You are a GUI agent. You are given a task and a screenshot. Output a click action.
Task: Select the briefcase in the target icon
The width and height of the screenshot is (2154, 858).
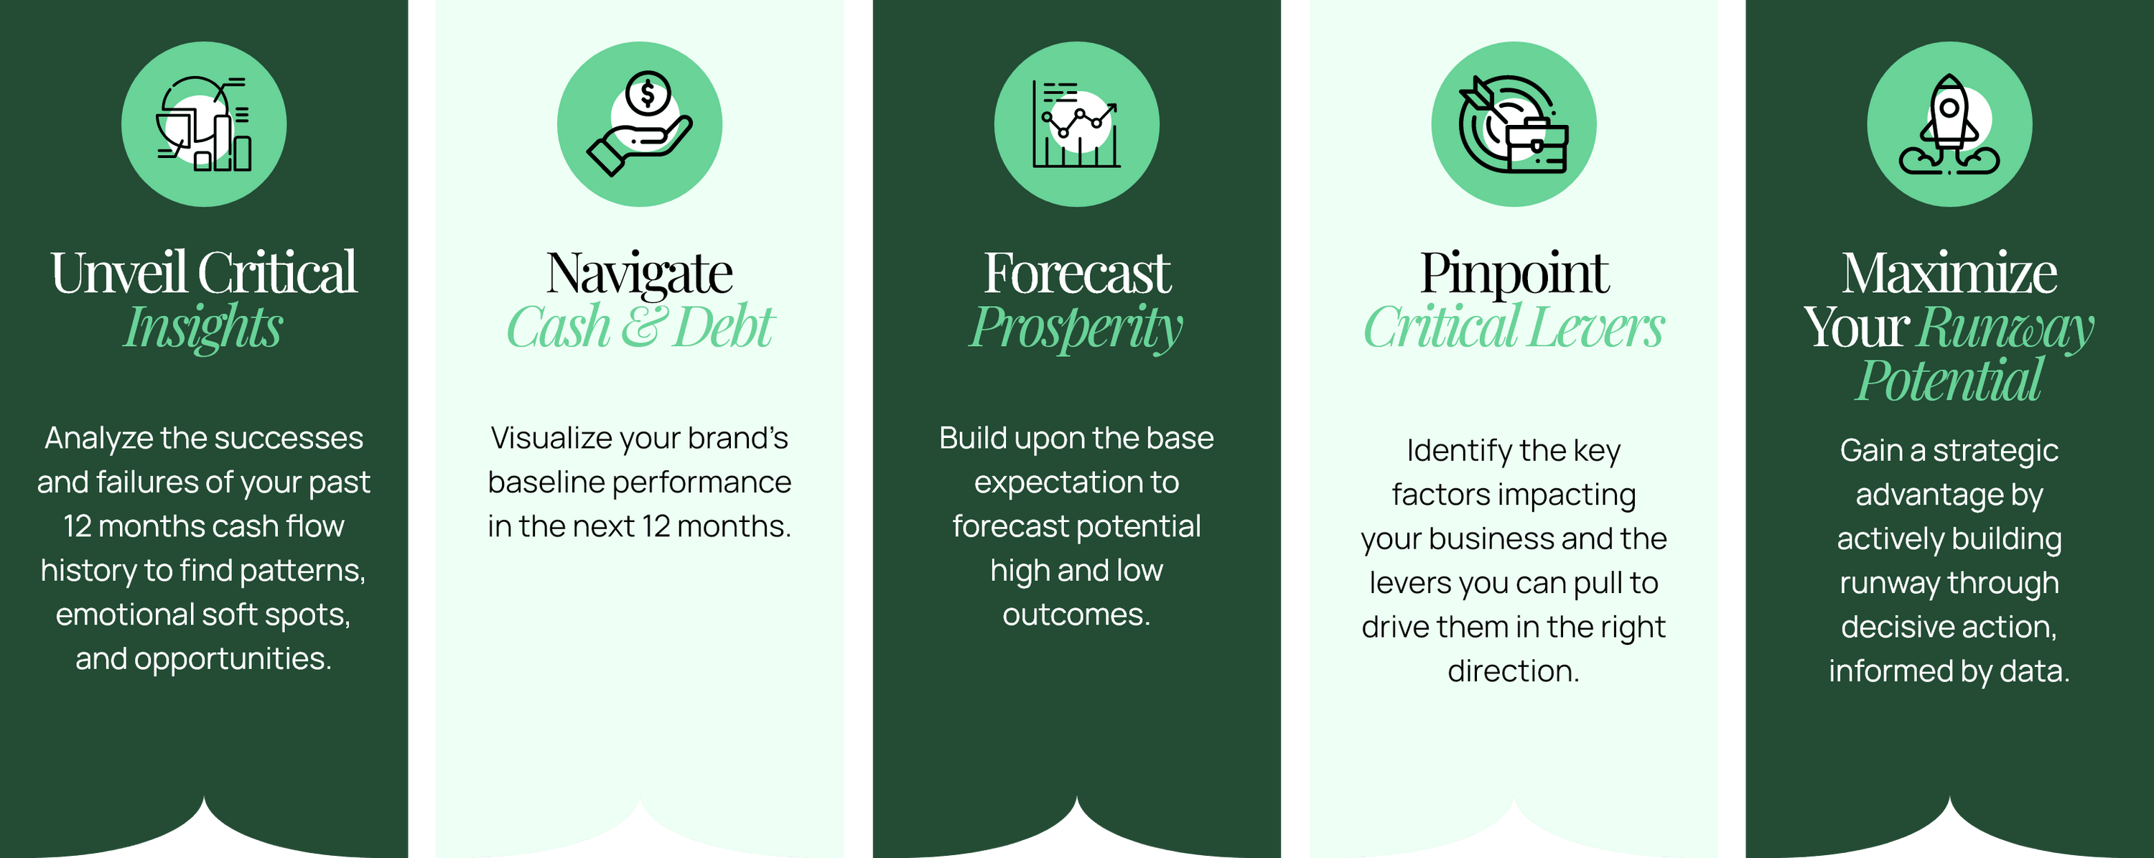tap(1537, 146)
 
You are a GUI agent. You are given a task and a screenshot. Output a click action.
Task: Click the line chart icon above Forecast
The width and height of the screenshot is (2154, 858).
tap(1076, 123)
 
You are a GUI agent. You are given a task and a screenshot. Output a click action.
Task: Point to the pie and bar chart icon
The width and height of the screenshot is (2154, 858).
tap(204, 123)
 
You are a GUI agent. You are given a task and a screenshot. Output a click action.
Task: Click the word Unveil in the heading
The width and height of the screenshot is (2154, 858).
tap(118, 273)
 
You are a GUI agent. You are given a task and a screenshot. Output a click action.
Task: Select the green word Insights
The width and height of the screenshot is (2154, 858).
tap(203, 327)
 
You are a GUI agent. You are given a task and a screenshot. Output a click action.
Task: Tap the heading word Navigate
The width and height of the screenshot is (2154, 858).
tap(640, 274)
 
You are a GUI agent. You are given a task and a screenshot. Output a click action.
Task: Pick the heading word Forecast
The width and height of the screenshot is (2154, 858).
tap(1077, 273)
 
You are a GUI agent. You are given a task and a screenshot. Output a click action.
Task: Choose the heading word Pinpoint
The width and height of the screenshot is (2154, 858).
tap(1514, 274)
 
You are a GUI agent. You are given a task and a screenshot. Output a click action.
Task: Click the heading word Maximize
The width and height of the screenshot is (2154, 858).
tap(1949, 273)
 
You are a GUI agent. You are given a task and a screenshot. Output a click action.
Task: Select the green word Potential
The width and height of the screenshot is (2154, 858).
tap(1949, 381)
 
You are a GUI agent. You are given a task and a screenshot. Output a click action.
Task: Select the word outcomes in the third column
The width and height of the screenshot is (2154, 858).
tap(1076, 615)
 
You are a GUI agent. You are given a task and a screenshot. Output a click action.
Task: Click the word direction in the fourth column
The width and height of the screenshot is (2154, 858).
tap(1514, 671)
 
